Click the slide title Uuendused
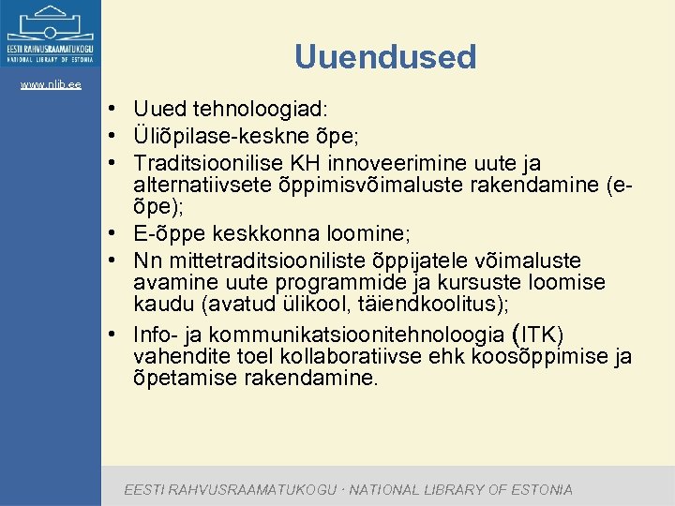pos(385,57)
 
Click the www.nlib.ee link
pos(51,85)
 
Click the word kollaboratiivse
pos(339,357)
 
